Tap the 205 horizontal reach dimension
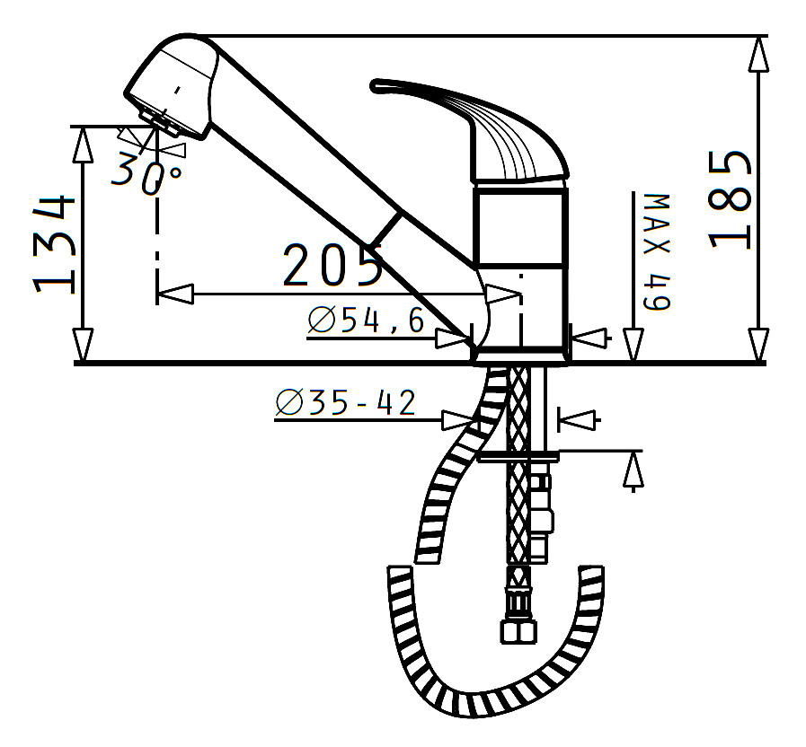click(332, 265)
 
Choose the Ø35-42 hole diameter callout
click(346, 404)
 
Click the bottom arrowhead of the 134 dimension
click(83, 343)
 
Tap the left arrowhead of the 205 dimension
click(176, 294)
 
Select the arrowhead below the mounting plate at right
click(633, 470)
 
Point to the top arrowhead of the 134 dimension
click(83, 144)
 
